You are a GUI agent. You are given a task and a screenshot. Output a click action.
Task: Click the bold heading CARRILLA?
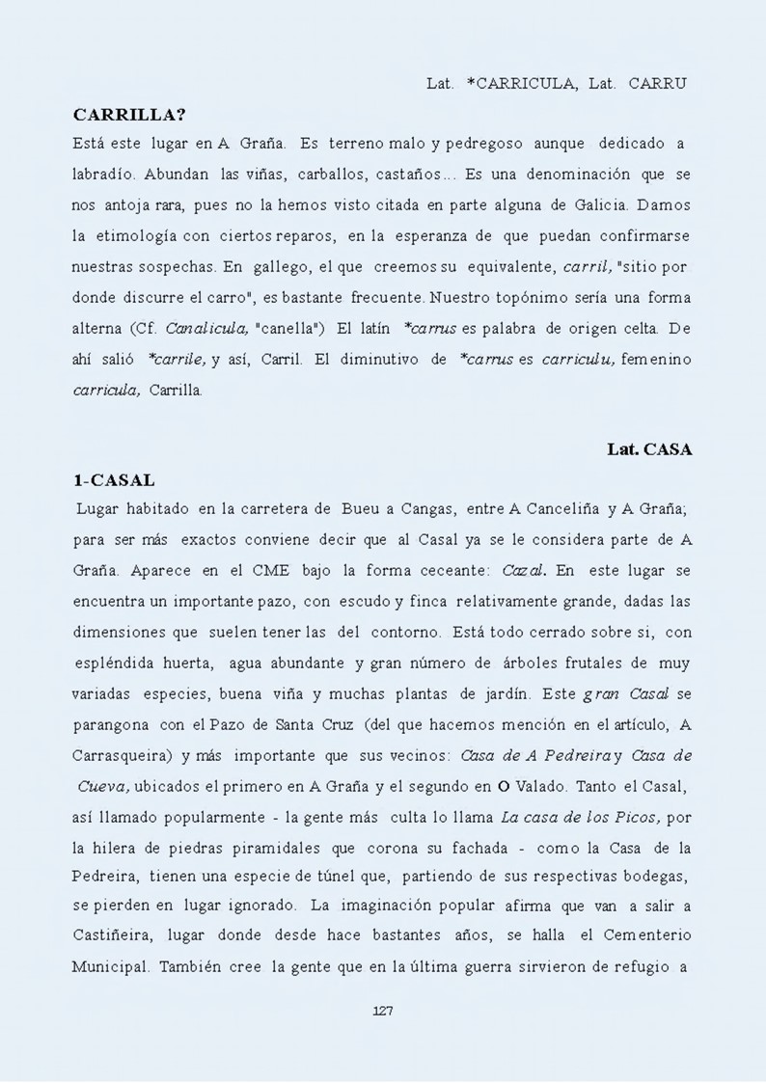[129, 114]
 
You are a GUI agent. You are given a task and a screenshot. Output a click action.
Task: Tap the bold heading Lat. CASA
[649, 448]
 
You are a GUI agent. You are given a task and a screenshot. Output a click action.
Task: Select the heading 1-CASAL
[114, 479]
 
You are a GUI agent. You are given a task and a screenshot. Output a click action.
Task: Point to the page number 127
[383, 1011]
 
